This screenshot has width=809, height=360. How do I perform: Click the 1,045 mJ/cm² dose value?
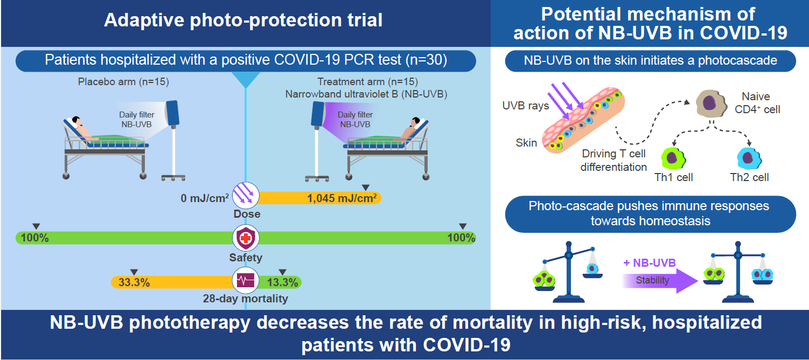341,198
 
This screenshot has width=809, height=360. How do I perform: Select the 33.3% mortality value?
134,282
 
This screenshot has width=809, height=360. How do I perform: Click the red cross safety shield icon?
246,238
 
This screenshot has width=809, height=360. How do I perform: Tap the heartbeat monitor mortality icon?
246,281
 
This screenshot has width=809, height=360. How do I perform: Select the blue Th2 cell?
749,157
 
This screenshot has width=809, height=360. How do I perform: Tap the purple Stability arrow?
660,281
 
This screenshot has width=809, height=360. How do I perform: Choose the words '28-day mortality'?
245,299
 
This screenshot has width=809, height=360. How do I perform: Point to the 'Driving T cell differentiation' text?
613,161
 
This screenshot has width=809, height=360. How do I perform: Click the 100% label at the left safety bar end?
34,238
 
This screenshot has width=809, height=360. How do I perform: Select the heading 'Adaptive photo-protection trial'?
243,20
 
